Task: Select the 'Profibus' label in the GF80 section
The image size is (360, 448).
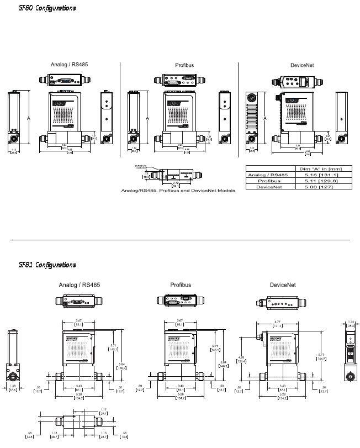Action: pos(184,66)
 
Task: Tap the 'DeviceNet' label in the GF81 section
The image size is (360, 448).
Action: pos(283,285)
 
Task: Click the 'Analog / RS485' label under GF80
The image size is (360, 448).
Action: pos(69,65)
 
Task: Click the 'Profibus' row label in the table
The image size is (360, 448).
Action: pos(268,181)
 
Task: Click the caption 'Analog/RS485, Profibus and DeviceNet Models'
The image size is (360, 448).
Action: pos(178,190)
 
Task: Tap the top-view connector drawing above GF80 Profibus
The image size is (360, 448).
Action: pos(181,81)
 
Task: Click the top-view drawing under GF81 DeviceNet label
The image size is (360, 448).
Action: pos(283,303)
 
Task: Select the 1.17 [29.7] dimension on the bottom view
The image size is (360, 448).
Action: pos(103,411)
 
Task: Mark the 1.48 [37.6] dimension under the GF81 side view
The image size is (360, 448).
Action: pos(12,388)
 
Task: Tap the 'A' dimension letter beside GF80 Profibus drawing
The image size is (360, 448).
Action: pos(147,118)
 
